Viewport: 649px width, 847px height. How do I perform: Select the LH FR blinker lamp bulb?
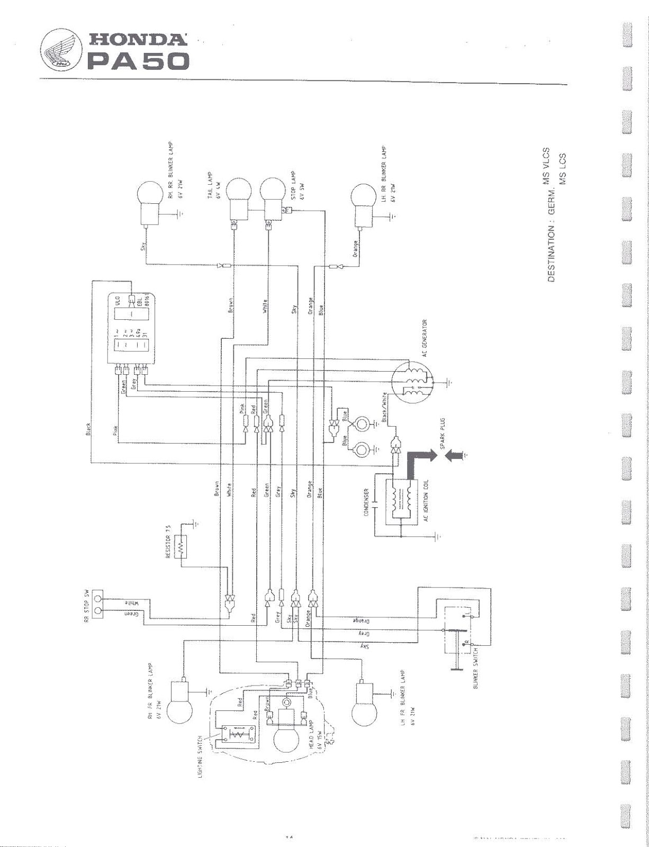(363, 709)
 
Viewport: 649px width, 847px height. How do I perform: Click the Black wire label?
(88, 429)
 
